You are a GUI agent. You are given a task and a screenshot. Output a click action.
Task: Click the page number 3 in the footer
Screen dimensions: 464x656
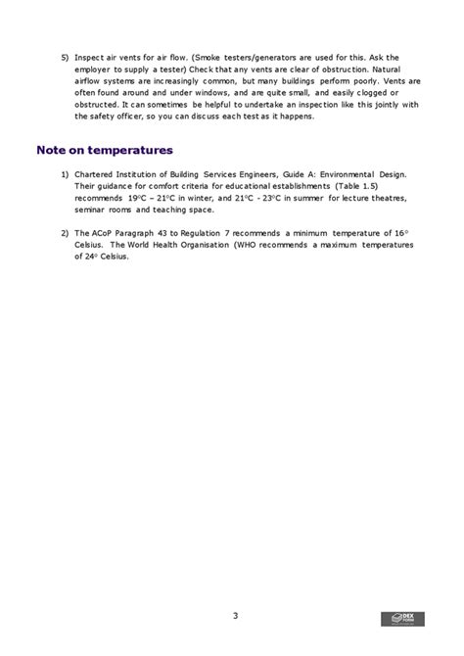pos(235,615)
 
